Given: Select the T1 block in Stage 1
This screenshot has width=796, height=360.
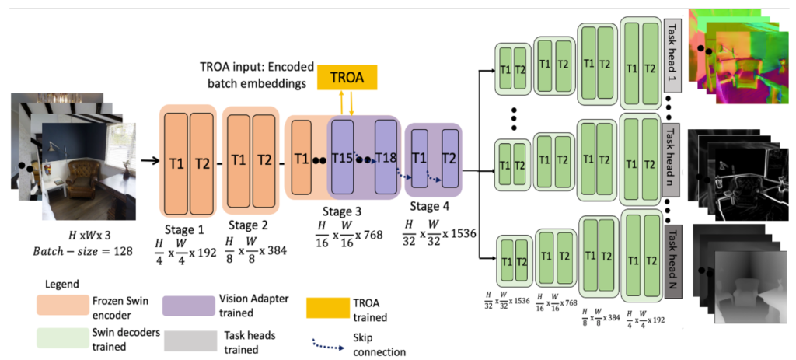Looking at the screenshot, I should coord(176,161).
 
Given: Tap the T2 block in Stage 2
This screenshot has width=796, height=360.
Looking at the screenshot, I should coord(265,161).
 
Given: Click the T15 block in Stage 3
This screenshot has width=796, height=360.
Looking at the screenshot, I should coord(342,158).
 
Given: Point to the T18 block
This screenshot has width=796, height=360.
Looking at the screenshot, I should coord(386,158).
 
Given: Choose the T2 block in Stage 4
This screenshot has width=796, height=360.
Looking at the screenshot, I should coord(449,158).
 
